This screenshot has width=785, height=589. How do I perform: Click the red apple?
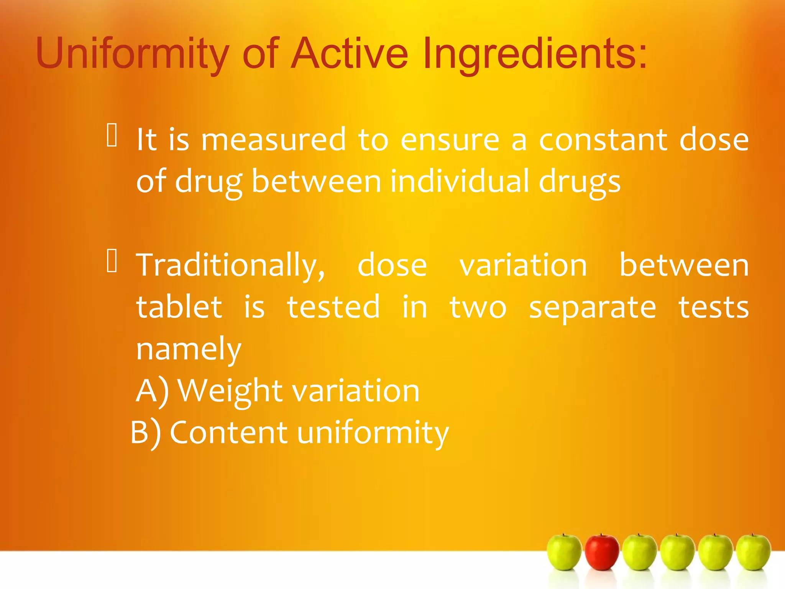pos(602,552)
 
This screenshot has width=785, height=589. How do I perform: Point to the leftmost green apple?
pos(564,552)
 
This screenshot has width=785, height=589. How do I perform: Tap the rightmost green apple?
pos(753,552)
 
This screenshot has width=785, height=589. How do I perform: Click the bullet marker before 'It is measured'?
pos(112,135)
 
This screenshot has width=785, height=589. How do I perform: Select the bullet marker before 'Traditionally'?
pos(112,261)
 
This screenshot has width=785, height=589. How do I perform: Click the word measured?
pos(273,140)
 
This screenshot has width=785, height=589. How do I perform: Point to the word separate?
pos(592,308)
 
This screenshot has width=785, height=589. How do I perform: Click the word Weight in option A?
pos(230,391)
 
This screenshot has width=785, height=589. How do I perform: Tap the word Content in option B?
pos(228,433)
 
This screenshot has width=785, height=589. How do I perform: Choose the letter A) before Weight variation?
pos(152,391)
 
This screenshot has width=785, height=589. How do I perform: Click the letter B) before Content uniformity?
pos(146,433)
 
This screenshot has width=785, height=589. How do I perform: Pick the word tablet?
pos(179,308)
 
